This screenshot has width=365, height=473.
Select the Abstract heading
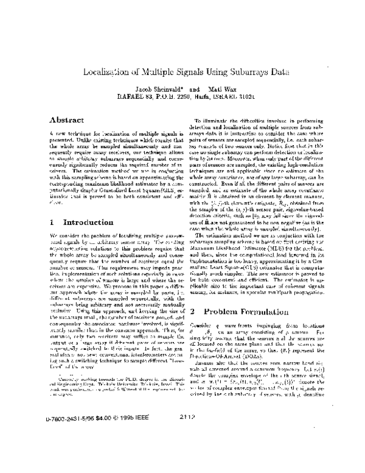[x=66, y=121]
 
